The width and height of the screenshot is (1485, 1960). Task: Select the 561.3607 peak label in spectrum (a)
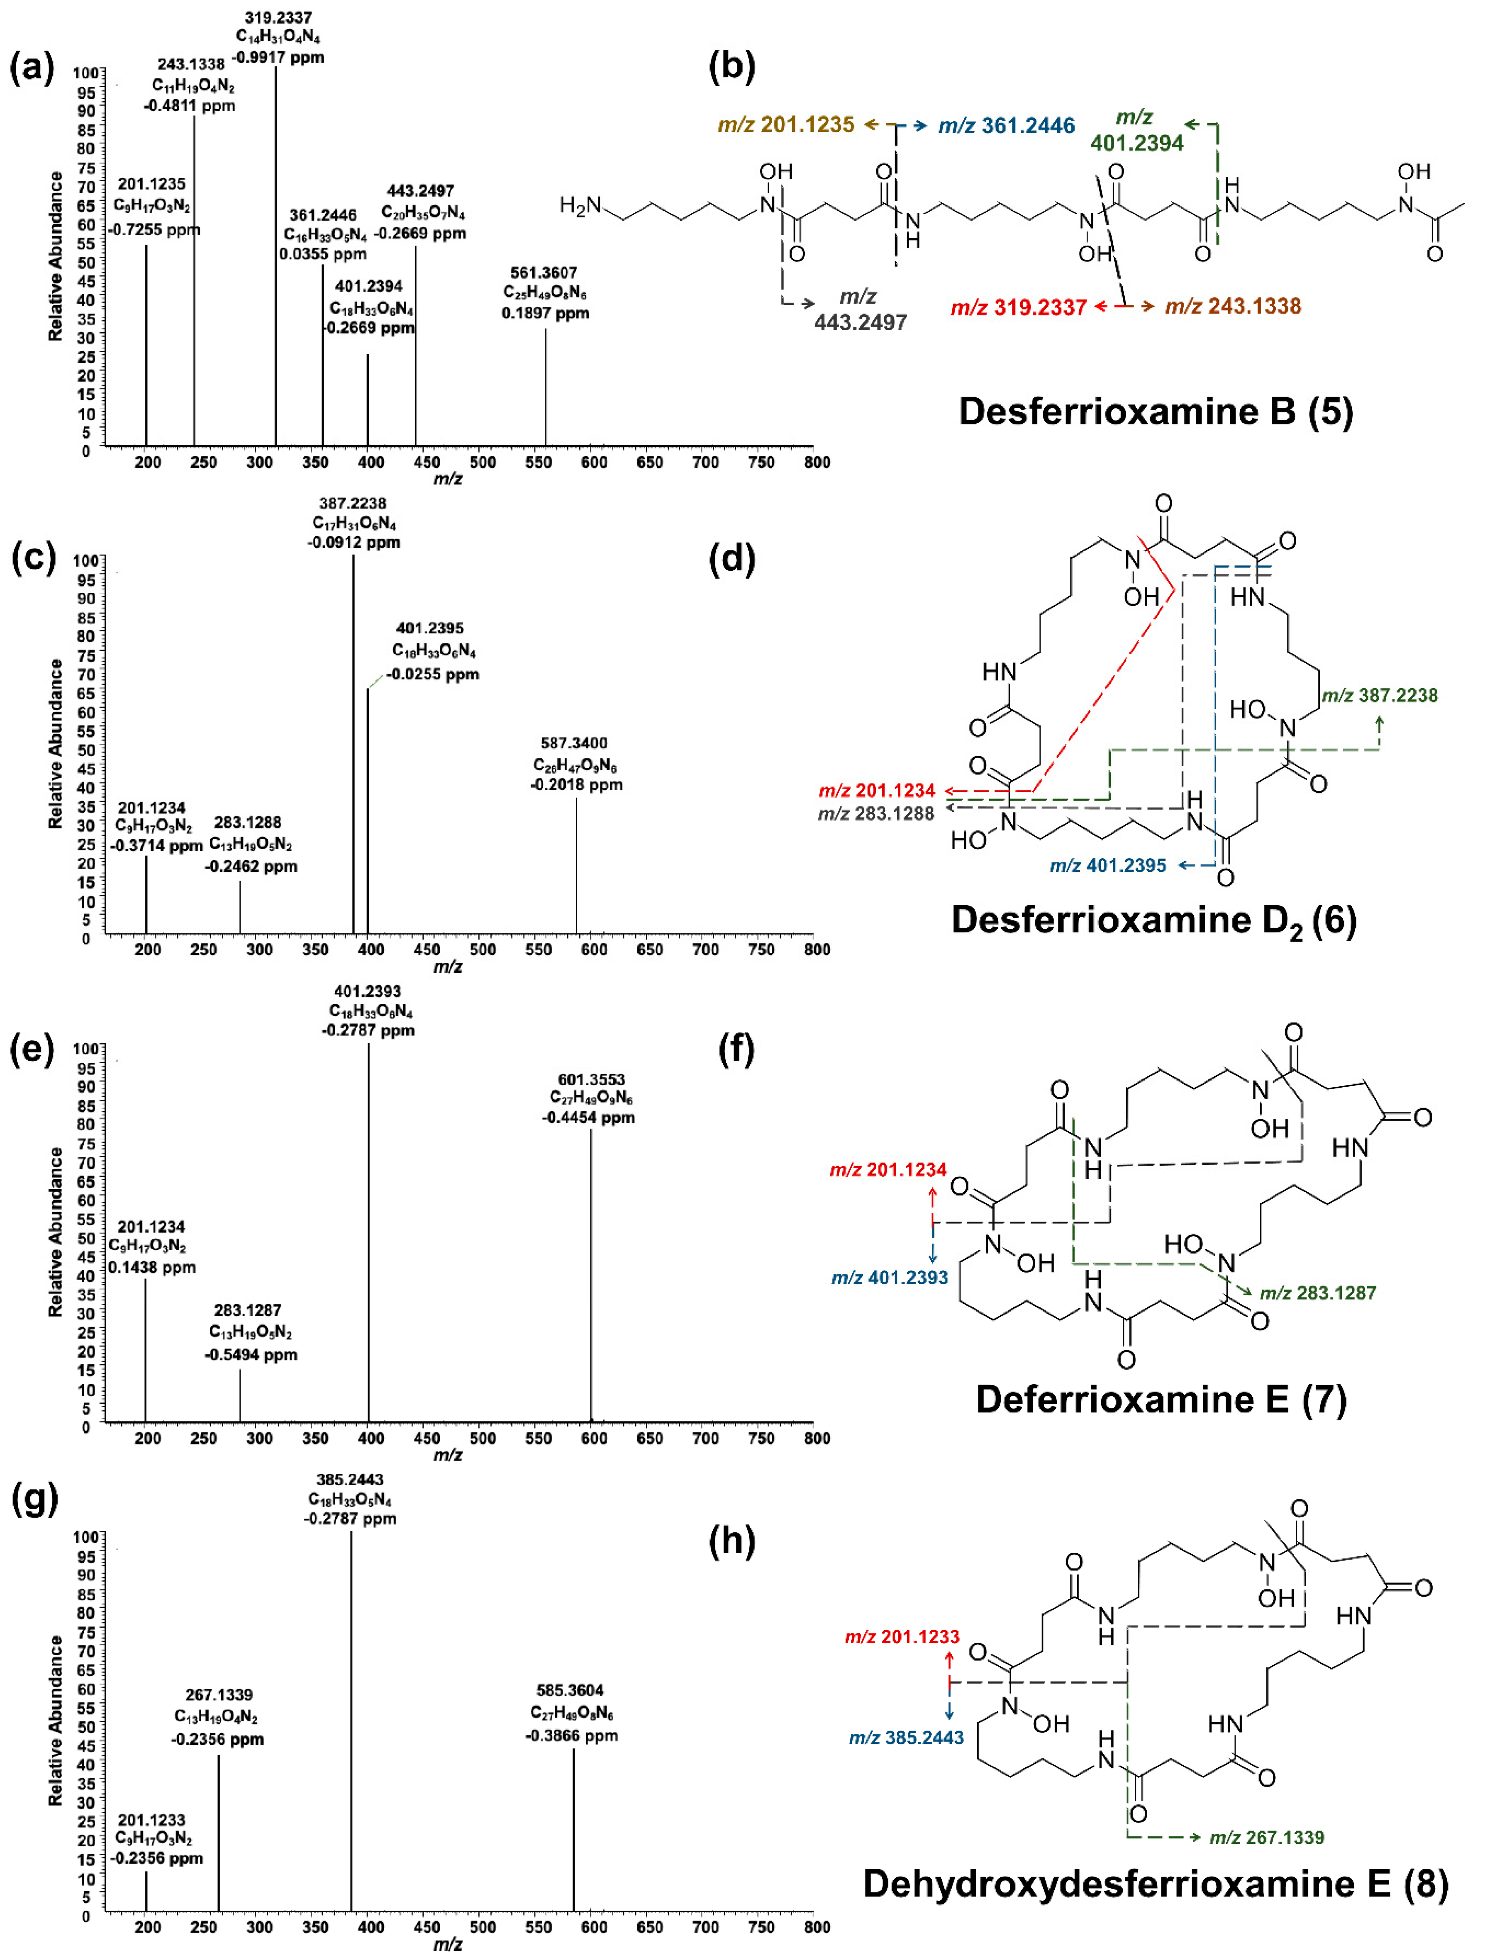point(543,273)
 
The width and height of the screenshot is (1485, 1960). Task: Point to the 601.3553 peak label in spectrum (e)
point(591,1079)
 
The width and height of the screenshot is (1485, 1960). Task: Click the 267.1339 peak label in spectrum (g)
point(219,1695)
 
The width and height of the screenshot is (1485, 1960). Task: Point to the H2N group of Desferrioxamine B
point(580,206)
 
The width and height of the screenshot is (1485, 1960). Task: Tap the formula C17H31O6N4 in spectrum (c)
point(354,523)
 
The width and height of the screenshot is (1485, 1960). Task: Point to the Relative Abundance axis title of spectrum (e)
point(55,1232)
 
